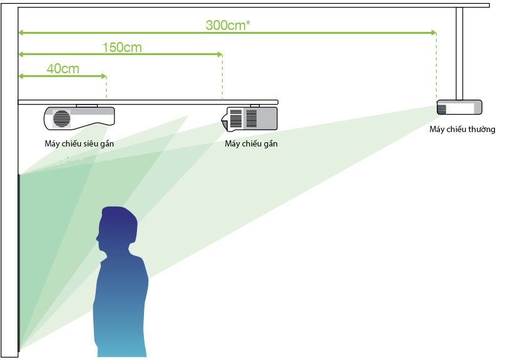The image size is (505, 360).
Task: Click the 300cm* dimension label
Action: pos(228,25)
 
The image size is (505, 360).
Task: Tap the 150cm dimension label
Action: pos(122,48)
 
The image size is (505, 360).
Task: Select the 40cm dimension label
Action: pos(63,69)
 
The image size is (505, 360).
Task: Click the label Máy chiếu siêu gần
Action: pos(79,144)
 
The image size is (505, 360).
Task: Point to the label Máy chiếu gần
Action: pos(251,144)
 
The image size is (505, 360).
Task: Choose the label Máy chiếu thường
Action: pos(462,129)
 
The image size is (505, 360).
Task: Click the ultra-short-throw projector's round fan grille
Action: pos(61,118)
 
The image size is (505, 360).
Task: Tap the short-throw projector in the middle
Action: pos(249,118)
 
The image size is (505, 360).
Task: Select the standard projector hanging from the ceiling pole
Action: pos(459,107)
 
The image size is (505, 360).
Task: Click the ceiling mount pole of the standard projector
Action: pos(459,53)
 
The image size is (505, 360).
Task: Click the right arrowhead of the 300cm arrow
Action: pos(434,33)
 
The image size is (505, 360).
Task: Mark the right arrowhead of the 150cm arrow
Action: pos(220,54)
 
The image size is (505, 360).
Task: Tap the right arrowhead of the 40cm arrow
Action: pos(104,76)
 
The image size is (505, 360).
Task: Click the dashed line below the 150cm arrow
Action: pos(223,78)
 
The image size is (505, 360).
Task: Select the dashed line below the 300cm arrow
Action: pos(436,67)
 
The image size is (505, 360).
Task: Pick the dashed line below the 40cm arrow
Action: pos(106,88)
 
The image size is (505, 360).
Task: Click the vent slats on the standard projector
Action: pos(442,109)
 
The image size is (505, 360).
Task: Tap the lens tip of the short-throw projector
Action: pos(223,121)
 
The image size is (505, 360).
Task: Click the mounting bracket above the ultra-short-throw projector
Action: pos(86,106)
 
